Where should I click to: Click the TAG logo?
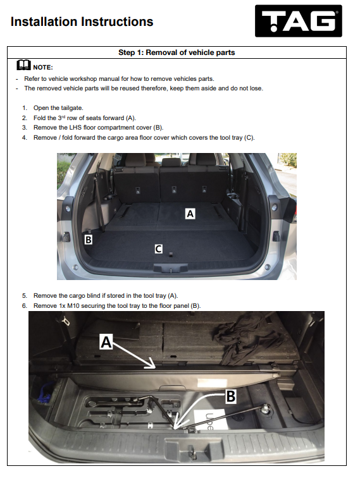[x=299, y=21]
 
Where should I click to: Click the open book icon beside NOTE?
[x=23, y=65]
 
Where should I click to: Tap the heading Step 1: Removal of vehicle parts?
[x=177, y=52]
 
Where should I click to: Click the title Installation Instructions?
[x=82, y=22]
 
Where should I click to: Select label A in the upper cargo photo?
[x=190, y=214]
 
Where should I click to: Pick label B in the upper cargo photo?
[x=88, y=240]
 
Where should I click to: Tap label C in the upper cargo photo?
[x=158, y=248]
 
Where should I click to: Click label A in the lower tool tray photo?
[x=106, y=342]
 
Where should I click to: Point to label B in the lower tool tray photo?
[x=231, y=396]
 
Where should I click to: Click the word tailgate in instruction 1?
[x=72, y=108]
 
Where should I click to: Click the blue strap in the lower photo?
[x=46, y=393]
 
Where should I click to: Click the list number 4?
[x=25, y=138]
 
